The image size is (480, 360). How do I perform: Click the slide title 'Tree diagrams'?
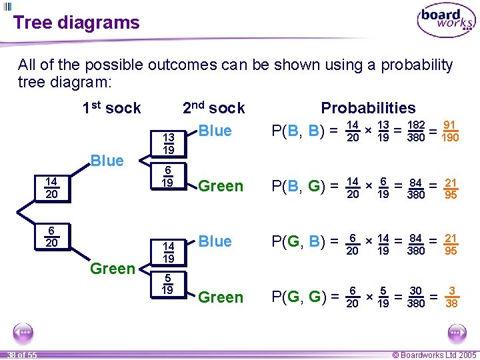(x=76, y=23)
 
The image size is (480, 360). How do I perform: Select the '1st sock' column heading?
(x=111, y=108)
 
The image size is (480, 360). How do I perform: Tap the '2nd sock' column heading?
(x=213, y=108)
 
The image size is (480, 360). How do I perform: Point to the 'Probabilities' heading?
(x=368, y=108)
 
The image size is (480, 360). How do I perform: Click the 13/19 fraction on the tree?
(x=169, y=143)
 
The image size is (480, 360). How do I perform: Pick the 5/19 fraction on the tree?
(x=167, y=285)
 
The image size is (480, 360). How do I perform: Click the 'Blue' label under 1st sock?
(x=107, y=161)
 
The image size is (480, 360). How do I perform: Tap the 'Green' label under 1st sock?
(x=111, y=269)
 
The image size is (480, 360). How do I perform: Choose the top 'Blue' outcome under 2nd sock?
(x=215, y=131)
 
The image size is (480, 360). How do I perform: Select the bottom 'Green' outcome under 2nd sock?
(x=221, y=297)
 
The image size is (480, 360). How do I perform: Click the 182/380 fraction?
(x=417, y=131)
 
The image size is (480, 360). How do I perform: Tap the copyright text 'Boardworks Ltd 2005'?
(x=434, y=355)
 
